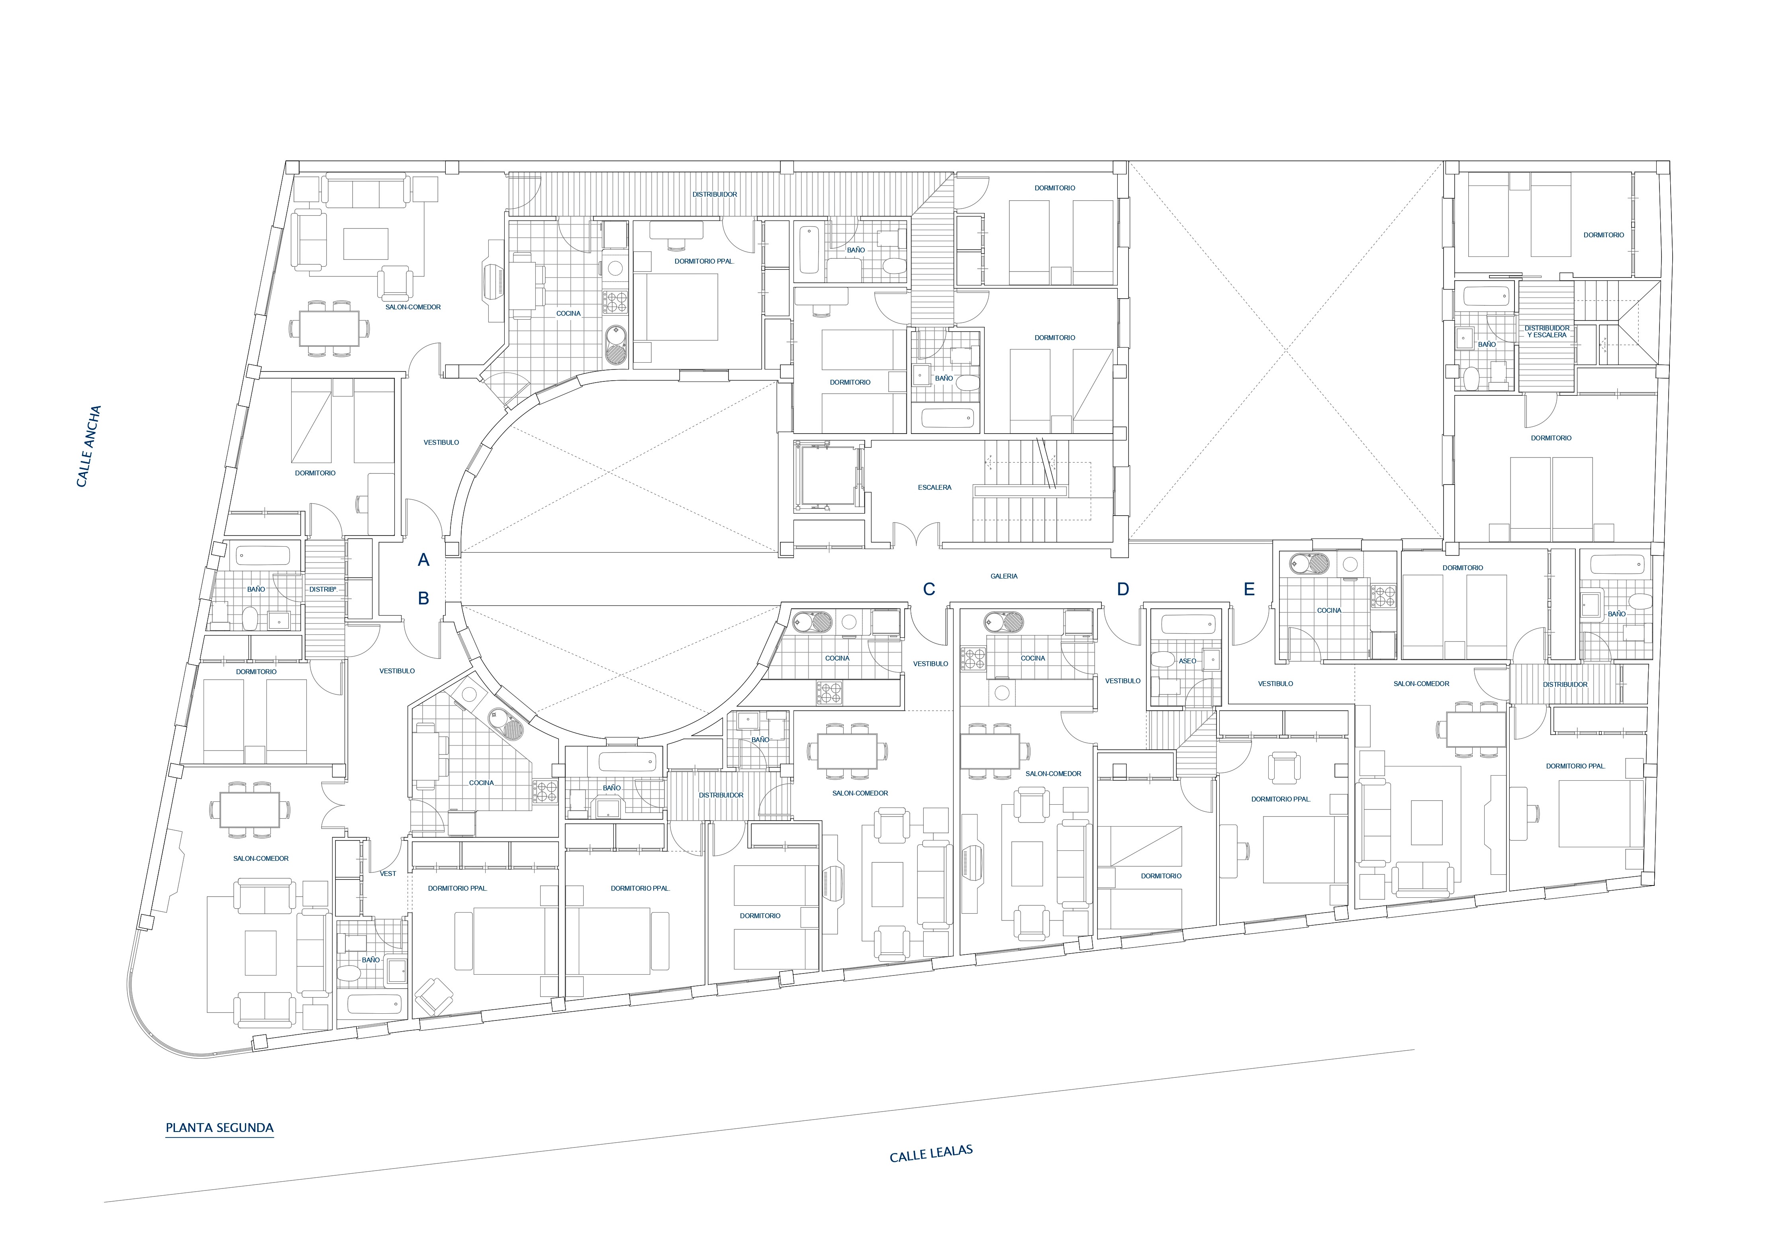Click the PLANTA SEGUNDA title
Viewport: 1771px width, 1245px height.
tap(220, 1128)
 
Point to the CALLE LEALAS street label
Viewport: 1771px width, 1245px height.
tap(931, 1154)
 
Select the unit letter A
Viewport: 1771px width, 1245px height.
tap(423, 561)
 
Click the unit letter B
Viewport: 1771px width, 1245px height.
tap(423, 598)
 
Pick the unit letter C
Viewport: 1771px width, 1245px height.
tap(929, 589)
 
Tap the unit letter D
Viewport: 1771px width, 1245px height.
tap(1123, 589)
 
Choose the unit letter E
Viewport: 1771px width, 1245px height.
tap(1249, 589)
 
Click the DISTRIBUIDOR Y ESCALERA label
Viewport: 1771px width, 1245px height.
tap(1547, 332)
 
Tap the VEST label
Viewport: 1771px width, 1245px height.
tap(388, 874)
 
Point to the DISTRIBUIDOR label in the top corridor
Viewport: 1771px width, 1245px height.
tap(715, 194)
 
